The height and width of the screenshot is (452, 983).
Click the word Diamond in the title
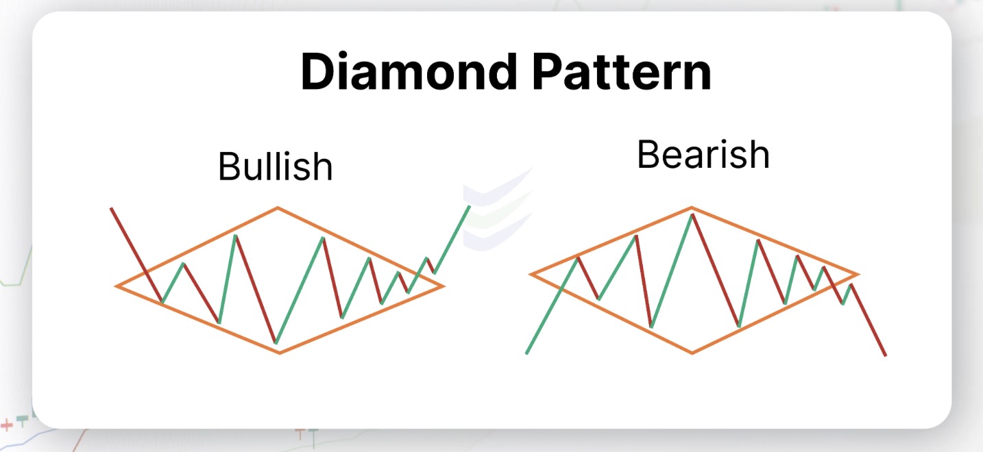coord(409,71)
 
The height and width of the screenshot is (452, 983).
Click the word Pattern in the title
coord(621,71)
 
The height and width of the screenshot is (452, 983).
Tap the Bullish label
coord(276,166)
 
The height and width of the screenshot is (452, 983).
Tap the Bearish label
coord(703,154)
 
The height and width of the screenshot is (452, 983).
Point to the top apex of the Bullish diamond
coord(278,208)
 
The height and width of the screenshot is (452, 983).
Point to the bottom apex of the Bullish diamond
coord(280,353)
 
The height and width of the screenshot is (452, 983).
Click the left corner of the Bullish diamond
coord(116,286)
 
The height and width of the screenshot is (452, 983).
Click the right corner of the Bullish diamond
coord(444,286)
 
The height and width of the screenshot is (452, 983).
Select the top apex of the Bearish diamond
coord(692,208)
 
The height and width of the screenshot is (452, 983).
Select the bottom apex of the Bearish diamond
coord(692,353)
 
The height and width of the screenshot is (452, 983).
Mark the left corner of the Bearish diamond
coord(530,275)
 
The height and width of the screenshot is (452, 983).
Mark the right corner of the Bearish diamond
coord(858,275)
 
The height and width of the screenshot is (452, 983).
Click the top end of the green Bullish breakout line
coord(470,206)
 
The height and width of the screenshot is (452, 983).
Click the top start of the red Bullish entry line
coord(111,209)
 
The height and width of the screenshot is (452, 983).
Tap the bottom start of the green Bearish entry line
coord(526,353)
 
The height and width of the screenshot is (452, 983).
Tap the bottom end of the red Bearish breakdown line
coord(886,355)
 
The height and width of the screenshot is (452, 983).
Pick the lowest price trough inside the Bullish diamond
coord(276,342)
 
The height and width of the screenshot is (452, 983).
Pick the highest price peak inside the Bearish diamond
coord(692,214)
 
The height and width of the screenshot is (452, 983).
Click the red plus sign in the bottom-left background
coord(7,425)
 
